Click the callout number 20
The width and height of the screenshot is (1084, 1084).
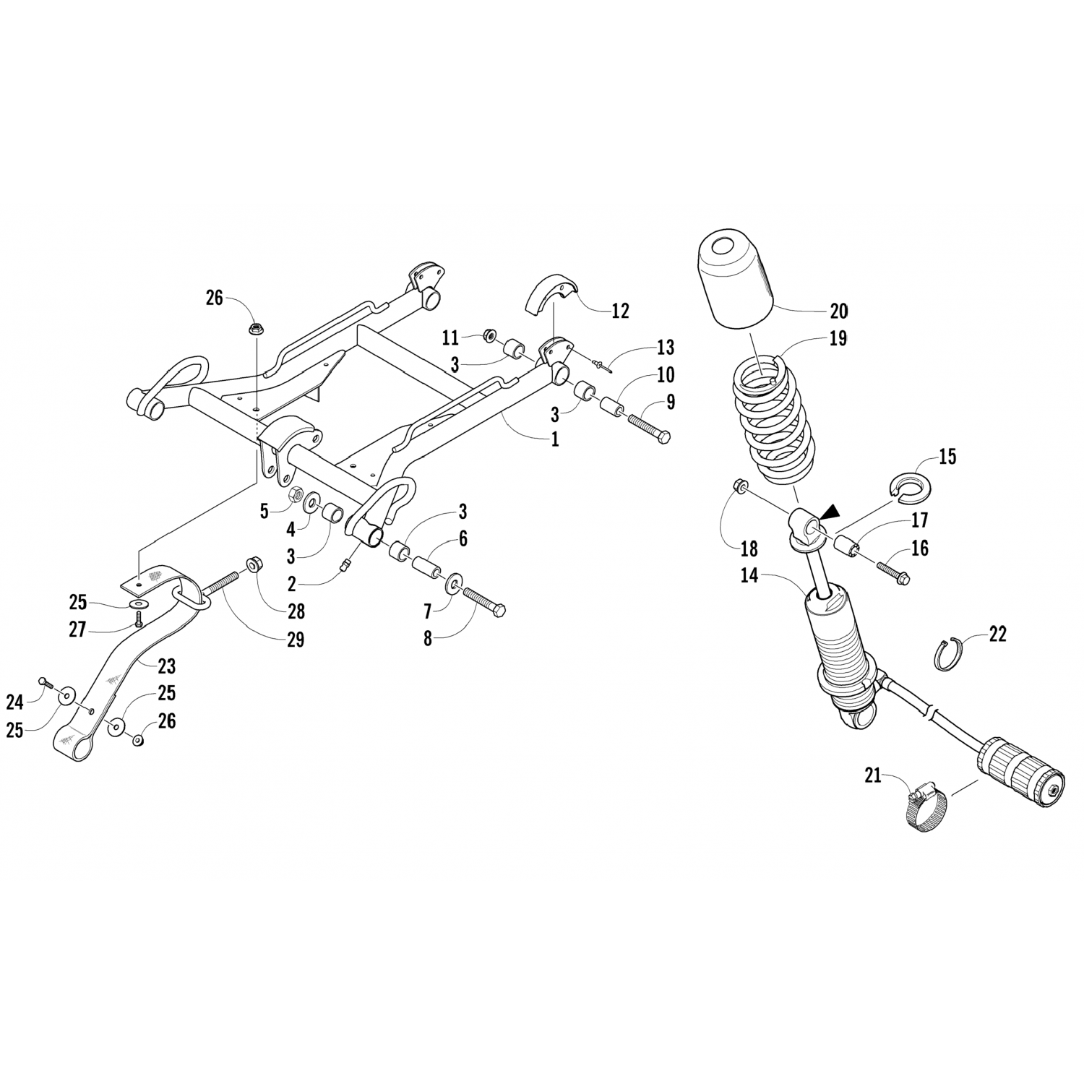click(838, 311)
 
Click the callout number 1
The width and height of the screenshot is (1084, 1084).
click(555, 439)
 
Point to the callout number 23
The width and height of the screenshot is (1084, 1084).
click(166, 666)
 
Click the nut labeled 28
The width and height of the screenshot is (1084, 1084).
click(254, 563)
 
